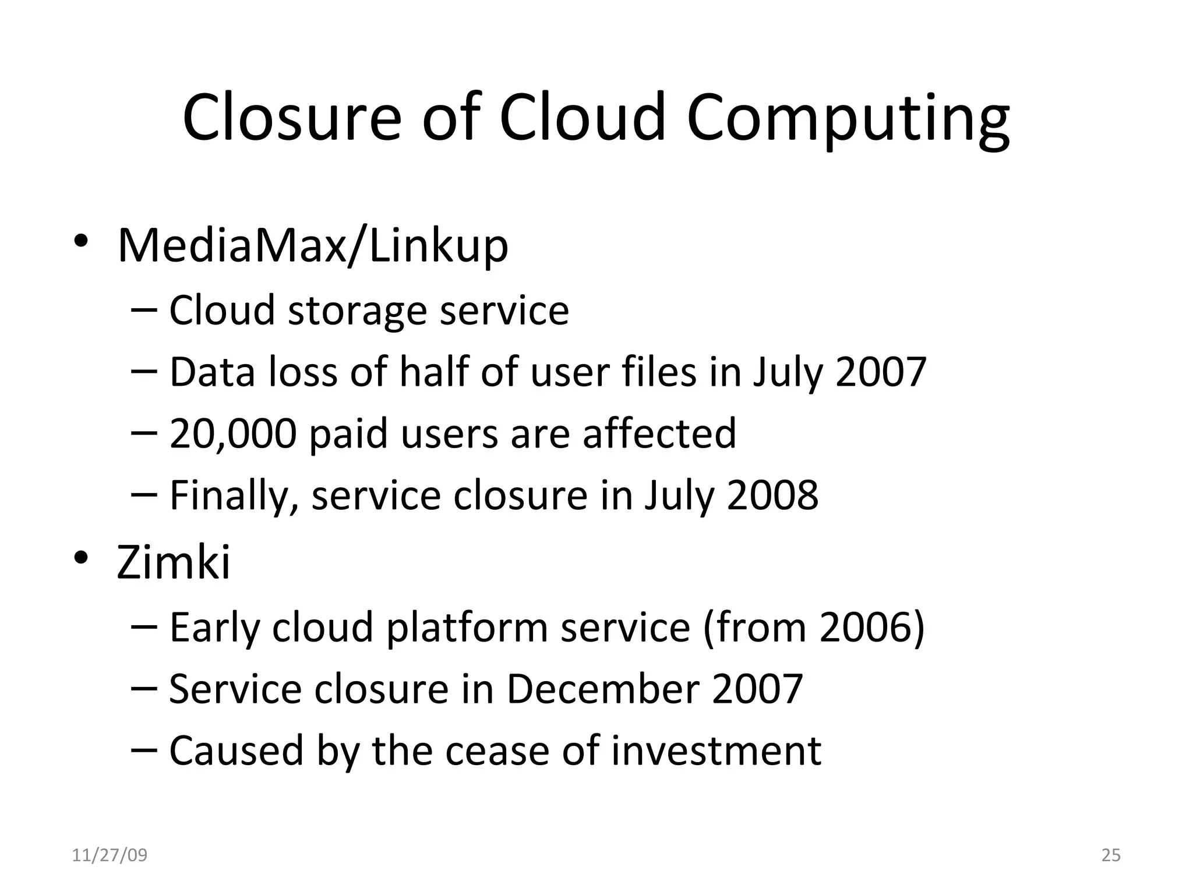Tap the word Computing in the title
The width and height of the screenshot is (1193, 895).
pyautogui.click(x=848, y=119)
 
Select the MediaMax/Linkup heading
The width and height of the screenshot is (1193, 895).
pyautogui.click(x=313, y=246)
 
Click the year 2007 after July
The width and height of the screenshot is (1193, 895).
pyautogui.click(x=880, y=372)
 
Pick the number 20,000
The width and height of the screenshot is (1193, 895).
pyautogui.click(x=232, y=434)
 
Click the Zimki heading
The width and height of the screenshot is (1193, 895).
pyautogui.click(x=174, y=562)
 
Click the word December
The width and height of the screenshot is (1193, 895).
pyautogui.click(x=602, y=689)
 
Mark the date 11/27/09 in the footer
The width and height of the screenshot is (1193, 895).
pyautogui.click(x=110, y=855)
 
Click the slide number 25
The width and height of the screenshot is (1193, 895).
pyautogui.click(x=1111, y=855)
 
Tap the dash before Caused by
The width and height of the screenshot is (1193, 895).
pyautogui.click(x=144, y=750)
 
